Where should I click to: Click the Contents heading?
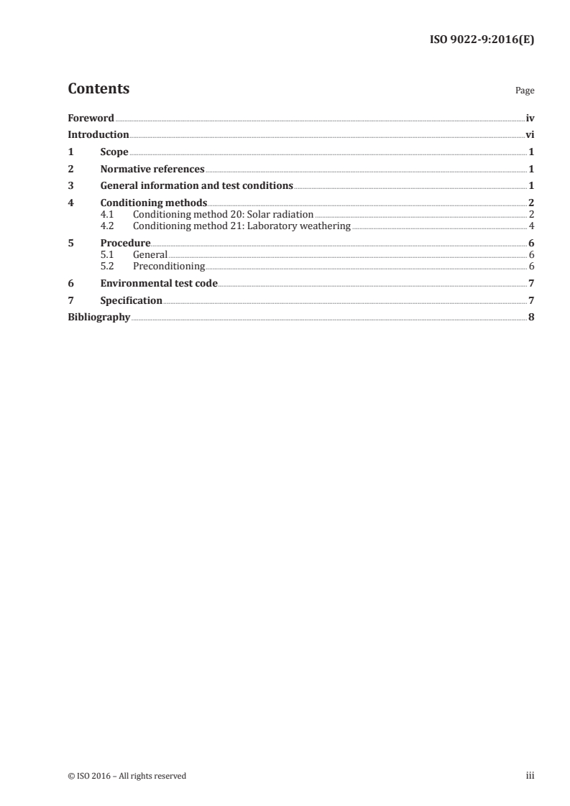[x=98, y=89]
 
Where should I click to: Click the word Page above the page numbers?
[x=525, y=91]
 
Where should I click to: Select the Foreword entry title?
[x=91, y=118]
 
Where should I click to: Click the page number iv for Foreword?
[x=530, y=118]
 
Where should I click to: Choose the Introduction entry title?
[x=98, y=135]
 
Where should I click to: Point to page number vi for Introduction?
[x=530, y=135]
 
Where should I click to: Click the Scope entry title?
[x=114, y=152]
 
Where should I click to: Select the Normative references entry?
[x=152, y=170]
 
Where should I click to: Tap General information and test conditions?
[x=196, y=186]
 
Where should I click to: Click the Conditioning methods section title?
[x=154, y=203]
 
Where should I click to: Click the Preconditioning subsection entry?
[x=169, y=267]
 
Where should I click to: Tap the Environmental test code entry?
[x=159, y=284]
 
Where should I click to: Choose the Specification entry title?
[x=131, y=300]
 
